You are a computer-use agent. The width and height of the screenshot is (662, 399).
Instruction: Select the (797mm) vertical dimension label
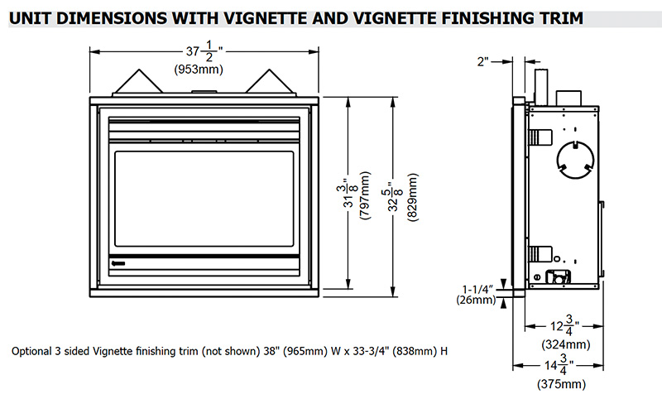365,195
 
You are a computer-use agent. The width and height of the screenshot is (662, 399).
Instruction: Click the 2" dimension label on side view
483,61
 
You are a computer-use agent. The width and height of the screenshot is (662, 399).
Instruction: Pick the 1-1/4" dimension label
478,288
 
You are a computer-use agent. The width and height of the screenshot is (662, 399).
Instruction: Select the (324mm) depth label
564,344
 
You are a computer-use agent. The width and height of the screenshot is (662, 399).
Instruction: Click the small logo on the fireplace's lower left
120,266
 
